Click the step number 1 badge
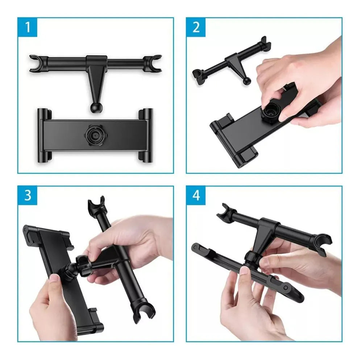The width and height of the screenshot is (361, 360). pyautogui.click(x=28, y=28)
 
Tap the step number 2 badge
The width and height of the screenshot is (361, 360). pyautogui.click(x=196, y=28)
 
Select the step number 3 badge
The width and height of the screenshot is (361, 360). pyautogui.click(x=28, y=196)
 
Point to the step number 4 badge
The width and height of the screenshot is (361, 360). pyautogui.click(x=196, y=196)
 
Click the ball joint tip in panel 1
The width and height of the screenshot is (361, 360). pyautogui.click(x=94, y=108)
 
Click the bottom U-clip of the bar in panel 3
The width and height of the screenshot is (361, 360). pyautogui.click(x=144, y=311)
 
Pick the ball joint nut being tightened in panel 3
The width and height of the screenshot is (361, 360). pyautogui.click(x=83, y=264)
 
